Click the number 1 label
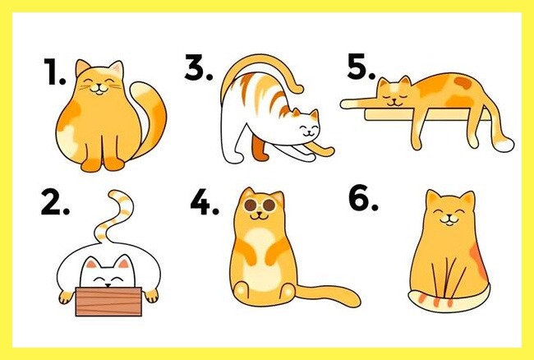54,72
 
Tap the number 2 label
55,202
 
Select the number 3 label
199,67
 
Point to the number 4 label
205,202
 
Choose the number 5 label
361,67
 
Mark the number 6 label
363,197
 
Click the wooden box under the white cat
108,302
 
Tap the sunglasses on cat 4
260,205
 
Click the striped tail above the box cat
114,215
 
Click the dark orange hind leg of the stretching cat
260,147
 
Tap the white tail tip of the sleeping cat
504,145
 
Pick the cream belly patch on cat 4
261,259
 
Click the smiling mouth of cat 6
449,221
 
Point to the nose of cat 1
99,85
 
